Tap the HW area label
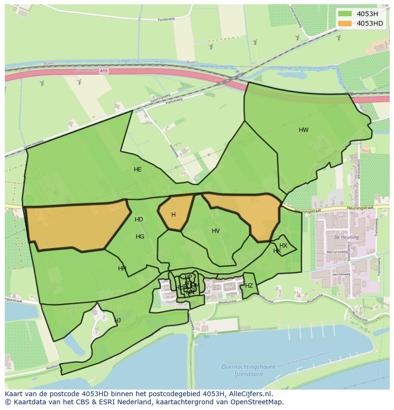click(304, 130)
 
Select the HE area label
click(138, 170)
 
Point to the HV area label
click(216, 231)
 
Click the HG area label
click(140, 237)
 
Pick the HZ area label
click(249, 286)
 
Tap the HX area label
click(283, 246)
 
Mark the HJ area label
click(118, 320)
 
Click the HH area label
click(122, 269)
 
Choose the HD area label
click(139, 220)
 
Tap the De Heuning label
click(343, 237)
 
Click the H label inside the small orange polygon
click(173, 215)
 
